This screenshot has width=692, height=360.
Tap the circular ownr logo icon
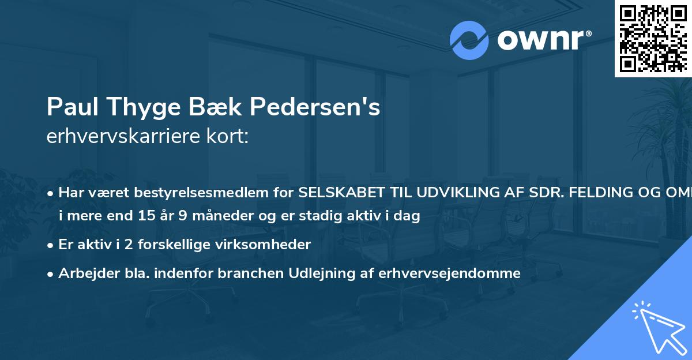[469, 40]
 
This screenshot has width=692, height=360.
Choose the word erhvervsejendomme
[449, 273]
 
